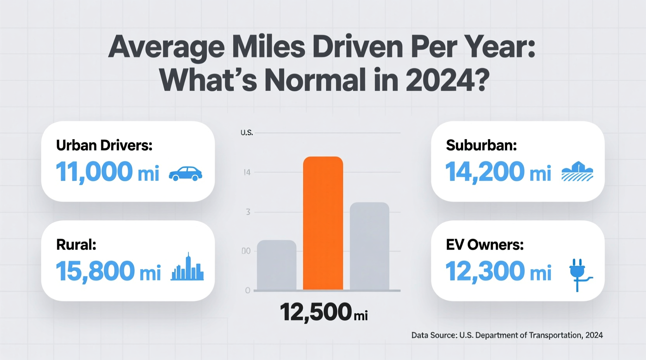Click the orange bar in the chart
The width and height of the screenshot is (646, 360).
tap(323, 223)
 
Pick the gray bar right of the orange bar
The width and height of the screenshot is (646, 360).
tap(369, 246)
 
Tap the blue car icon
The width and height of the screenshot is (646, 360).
tap(186, 173)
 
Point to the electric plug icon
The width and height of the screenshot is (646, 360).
tap(579, 274)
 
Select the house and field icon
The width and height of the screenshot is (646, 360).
tap(577, 172)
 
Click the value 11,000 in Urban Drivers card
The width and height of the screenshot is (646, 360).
tap(94, 172)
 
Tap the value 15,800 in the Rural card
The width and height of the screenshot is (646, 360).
tap(96, 271)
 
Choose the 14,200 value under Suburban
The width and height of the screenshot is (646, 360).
tap(484, 172)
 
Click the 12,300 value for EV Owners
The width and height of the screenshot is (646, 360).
tap(485, 271)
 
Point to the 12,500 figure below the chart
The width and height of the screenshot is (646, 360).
tap(315, 312)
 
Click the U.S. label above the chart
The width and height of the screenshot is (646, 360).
tap(247, 133)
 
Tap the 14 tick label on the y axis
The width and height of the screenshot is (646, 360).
tap(247, 173)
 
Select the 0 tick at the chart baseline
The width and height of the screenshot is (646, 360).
tap(248, 291)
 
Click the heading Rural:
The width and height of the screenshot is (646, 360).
tap(76, 245)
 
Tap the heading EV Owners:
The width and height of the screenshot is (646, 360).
tap(484, 245)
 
